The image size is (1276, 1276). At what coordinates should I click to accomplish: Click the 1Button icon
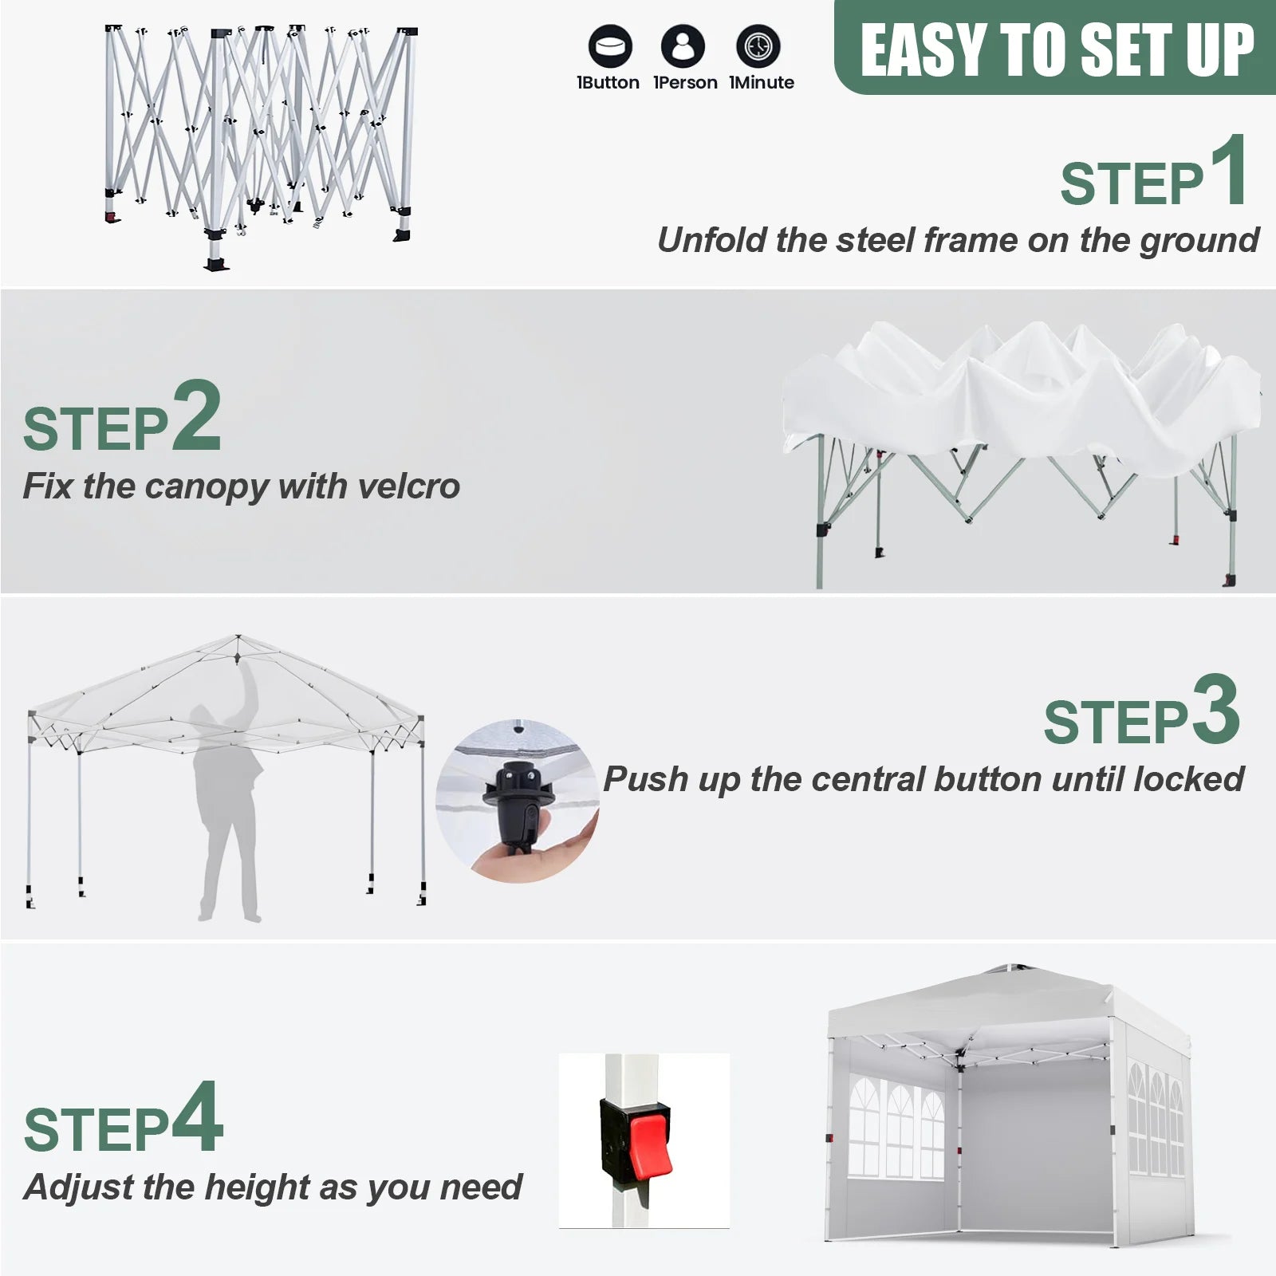point(610,45)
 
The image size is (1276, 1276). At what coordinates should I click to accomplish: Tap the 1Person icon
point(683,45)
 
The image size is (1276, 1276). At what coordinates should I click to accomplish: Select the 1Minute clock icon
point(758,45)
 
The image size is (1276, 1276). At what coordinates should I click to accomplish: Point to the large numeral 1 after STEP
point(1228,171)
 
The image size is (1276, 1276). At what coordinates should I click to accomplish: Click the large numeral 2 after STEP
point(196,415)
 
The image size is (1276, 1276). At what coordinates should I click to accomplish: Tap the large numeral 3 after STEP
point(1215,709)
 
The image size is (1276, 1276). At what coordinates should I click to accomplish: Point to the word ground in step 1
point(1199,241)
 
